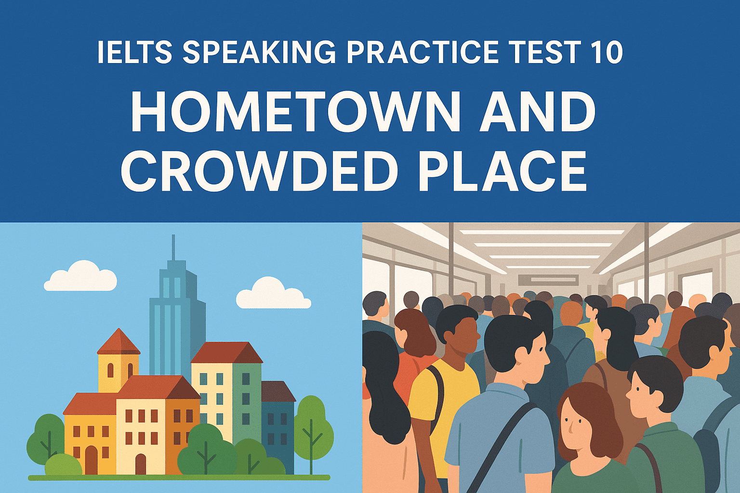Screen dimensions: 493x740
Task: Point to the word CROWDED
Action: coord(259,171)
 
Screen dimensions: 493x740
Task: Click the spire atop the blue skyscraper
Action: coord(173,248)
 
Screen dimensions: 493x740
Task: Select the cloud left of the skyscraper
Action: coord(80,277)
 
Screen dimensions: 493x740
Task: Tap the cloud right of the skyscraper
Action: coord(273,294)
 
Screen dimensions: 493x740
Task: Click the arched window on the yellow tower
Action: coord(110,370)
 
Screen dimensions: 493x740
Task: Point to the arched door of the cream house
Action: coord(140,464)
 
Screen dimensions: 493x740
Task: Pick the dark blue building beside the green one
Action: coord(278,424)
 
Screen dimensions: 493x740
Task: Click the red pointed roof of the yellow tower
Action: coord(118,342)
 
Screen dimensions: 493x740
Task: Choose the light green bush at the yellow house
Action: coord(63,465)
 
